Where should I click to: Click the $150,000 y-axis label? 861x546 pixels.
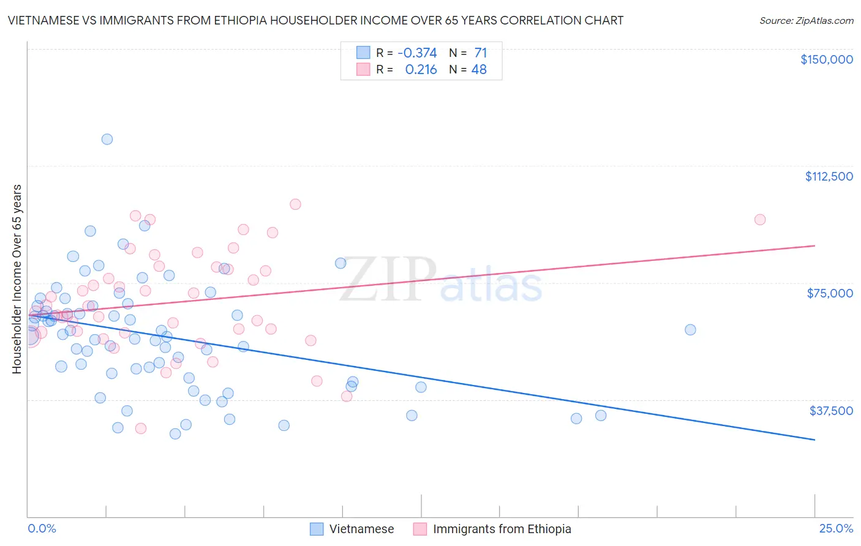[x=826, y=59]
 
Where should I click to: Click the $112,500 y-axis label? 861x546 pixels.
[x=829, y=176]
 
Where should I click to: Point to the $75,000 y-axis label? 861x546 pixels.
[x=830, y=293]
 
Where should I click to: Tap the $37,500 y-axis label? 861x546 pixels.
[x=831, y=411]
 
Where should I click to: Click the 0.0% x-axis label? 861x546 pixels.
[x=42, y=528]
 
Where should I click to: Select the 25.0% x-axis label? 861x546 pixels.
[x=836, y=528]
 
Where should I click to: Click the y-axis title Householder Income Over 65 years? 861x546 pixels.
[x=17, y=279]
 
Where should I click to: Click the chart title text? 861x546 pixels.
[x=315, y=20]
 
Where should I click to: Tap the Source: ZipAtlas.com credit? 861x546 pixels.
[x=806, y=20]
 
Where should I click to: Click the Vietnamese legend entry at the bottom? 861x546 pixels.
[x=361, y=529]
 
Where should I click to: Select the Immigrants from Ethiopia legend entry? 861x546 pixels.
[x=502, y=529]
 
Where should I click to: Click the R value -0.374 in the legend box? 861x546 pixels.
[x=417, y=53]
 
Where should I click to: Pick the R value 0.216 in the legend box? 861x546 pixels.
[x=421, y=70]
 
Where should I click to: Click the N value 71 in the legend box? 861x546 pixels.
[x=480, y=53]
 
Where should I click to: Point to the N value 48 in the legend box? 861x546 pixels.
[x=479, y=70]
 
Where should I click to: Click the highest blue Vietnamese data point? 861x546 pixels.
[x=107, y=139]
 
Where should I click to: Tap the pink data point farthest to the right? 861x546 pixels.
[x=760, y=220]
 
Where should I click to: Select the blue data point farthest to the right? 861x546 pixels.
[x=690, y=329]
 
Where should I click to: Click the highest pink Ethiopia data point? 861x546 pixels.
[x=295, y=204]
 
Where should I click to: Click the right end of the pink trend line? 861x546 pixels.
[x=814, y=245]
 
